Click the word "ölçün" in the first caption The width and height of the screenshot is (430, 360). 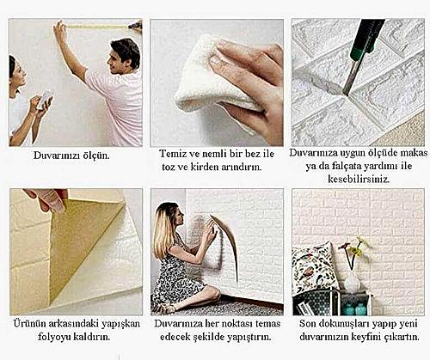(95, 156)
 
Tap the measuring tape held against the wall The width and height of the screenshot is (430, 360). (97, 27)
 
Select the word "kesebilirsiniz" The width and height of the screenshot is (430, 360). (359, 180)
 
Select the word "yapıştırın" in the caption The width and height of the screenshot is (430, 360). (249, 337)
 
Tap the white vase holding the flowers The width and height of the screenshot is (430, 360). (352, 282)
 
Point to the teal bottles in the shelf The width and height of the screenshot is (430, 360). (355, 308)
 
